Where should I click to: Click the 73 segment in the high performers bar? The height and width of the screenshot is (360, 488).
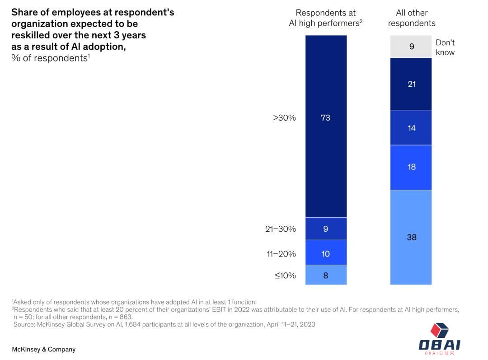tap(326, 126)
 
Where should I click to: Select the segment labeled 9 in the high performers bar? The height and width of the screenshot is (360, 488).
tap(326, 229)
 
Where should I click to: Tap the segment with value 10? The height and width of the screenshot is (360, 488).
tap(326, 252)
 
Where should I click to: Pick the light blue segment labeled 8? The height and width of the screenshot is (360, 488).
tap(326, 275)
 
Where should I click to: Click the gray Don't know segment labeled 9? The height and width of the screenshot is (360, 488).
tap(411, 47)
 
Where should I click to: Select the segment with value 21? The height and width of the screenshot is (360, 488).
tap(411, 84)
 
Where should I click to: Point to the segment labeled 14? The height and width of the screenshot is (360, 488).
tap(411, 127)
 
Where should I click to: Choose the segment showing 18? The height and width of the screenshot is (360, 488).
tap(411, 167)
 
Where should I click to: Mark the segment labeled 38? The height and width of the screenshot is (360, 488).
tap(411, 237)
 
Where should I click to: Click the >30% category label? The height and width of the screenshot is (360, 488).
tap(284, 118)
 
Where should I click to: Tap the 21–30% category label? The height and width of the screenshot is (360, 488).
tap(281, 229)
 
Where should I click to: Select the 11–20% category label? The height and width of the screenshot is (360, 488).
tap(281, 254)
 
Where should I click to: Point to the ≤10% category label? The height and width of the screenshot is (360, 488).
tap(285, 275)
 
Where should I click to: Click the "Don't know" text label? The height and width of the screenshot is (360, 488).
tap(445, 47)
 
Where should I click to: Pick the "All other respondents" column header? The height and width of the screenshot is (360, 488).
tap(412, 18)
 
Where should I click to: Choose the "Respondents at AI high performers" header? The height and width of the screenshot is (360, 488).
tap(325, 18)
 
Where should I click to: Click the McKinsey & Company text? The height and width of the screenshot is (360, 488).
tap(43, 349)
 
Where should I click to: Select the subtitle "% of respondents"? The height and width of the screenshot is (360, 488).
tap(50, 58)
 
